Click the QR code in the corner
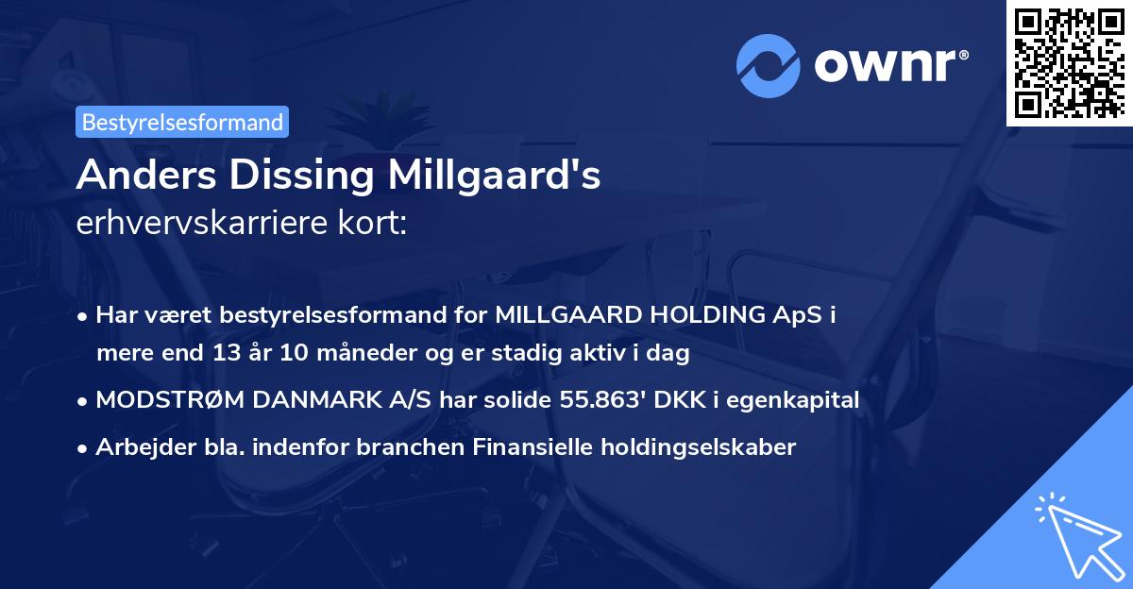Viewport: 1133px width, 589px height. [1069, 63]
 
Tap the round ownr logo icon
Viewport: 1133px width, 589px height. [766, 65]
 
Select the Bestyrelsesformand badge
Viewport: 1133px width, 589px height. [183, 122]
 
